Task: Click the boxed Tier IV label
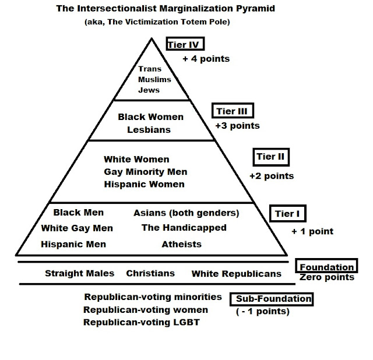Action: tap(186, 45)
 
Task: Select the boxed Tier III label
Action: tap(233, 112)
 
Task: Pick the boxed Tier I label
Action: tap(287, 214)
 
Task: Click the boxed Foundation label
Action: tap(326, 267)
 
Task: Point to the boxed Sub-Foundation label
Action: tap(273, 299)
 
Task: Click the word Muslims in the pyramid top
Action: tap(155, 79)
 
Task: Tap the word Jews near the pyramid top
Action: tap(149, 90)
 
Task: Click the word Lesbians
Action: tap(149, 129)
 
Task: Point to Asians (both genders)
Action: tap(186, 213)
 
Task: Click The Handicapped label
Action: tap(184, 228)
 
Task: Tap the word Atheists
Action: tap(182, 244)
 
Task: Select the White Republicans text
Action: tap(236, 273)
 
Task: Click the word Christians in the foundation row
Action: tap(150, 273)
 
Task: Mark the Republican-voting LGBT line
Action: tap(142, 322)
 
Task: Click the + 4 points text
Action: tap(206, 58)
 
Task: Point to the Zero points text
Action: tap(327, 277)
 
